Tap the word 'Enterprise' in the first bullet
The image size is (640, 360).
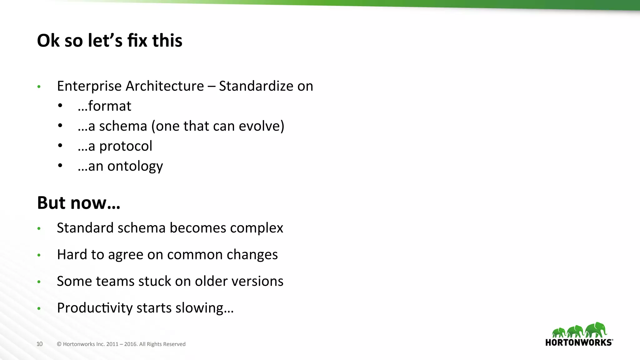click(x=89, y=86)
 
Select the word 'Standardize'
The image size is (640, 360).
click(x=256, y=86)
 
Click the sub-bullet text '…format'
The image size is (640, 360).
click(x=105, y=106)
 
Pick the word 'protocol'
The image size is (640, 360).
click(x=126, y=146)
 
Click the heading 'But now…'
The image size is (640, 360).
click(x=78, y=203)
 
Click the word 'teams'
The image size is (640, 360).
click(x=115, y=281)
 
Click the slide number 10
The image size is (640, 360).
click(x=39, y=344)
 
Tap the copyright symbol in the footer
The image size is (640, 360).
click(x=59, y=344)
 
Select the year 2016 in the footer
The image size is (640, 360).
click(x=130, y=344)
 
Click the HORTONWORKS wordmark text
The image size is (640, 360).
click(x=578, y=342)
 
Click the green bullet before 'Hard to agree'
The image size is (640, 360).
click(x=39, y=255)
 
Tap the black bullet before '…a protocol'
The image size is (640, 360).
click(x=60, y=146)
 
